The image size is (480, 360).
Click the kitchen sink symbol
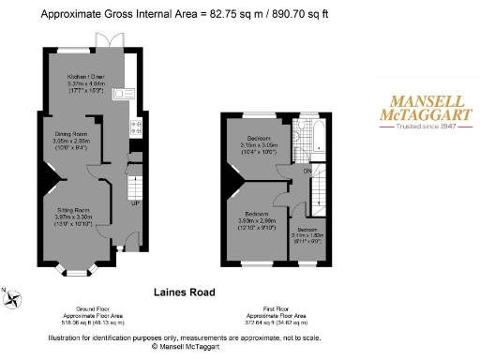[121, 93]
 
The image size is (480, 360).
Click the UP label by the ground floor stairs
[136, 202]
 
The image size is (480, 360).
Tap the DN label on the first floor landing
[306, 171]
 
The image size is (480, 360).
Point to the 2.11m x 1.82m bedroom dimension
[307, 235]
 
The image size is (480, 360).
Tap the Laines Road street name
[180, 292]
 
